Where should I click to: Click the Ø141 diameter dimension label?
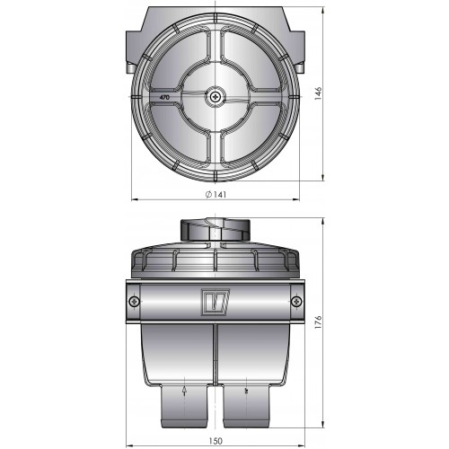[216, 194]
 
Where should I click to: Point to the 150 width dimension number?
[215, 440]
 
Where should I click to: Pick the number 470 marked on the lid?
[164, 100]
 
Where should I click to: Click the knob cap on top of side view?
[215, 230]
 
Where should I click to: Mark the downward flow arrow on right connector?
[244, 392]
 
